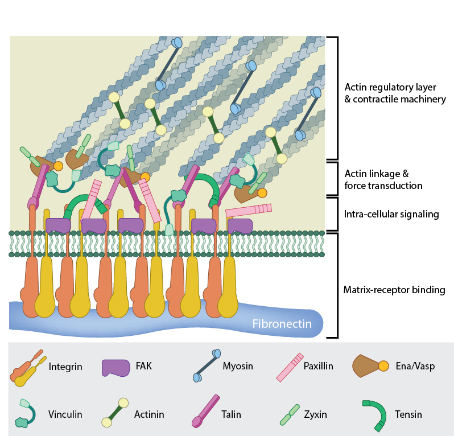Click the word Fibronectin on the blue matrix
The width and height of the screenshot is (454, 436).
(x=282, y=324)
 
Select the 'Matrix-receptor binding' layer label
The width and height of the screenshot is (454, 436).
(x=394, y=290)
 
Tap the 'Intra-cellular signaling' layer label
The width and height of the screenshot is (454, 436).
(x=391, y=214)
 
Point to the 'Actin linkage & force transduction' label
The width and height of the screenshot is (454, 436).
(x=383, y=180)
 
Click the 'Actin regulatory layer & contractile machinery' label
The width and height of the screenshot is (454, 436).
(x=395, y=93)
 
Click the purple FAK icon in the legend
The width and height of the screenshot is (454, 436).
(x=116, y=368)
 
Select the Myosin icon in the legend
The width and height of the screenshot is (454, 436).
(x=207, y=365)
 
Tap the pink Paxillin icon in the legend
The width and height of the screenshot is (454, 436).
(x=290, y=367)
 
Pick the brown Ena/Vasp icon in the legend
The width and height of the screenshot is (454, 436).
(x=370, y=365)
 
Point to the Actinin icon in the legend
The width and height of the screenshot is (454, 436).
(x=115, y=412)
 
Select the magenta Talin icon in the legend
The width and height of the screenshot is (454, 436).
(x=205, y=411)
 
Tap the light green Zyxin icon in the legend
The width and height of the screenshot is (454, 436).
(x=290, y=415)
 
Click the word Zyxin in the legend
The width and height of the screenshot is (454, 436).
(x=315, y=414)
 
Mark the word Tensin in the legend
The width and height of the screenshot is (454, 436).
(x=408, y=414)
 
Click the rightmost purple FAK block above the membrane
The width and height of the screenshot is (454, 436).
(x=240, y=226)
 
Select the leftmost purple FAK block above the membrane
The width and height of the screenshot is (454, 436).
(x=58, y=225)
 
